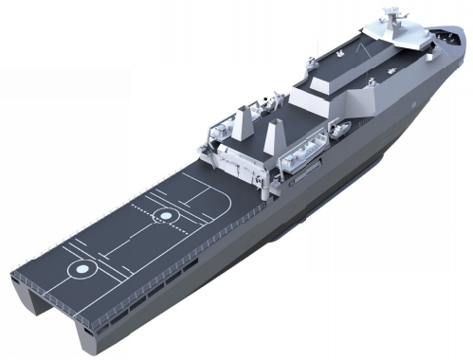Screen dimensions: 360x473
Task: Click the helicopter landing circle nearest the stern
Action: point(82,269)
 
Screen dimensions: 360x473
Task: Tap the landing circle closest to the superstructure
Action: point(166,216)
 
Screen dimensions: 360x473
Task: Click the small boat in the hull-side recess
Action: point(338,129)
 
